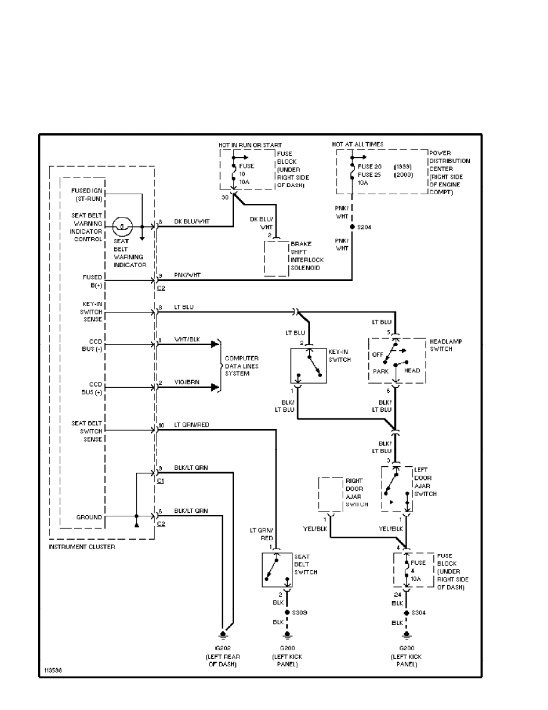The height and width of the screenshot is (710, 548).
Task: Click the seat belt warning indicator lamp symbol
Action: (x=122, y=227)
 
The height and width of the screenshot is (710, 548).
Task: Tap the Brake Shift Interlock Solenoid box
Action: (x=277, y=258)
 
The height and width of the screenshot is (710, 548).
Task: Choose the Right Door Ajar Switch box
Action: (x=331, y=494)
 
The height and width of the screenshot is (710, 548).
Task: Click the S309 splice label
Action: (x=299, y=613)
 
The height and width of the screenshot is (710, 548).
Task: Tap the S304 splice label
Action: (x=419, y=613)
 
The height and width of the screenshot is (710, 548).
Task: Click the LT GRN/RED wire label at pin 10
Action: (x=192, y=425)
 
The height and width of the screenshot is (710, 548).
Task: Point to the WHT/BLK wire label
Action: (x=187, y=339)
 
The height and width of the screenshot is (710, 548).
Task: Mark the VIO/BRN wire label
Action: (x=186, y=382)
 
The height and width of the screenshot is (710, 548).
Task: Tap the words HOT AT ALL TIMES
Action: (x=358, y=145)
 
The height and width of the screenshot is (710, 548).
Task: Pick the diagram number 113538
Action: (x=53, y=670)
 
